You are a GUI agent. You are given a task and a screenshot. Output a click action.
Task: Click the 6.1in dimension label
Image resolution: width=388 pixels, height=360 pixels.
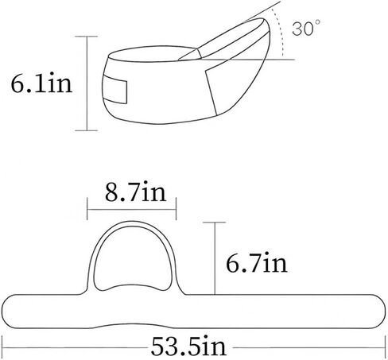pyautogui.click(x=41, y=83)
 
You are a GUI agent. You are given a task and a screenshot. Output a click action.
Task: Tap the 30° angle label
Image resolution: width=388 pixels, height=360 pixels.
pyautogui.click(x=306, y=28)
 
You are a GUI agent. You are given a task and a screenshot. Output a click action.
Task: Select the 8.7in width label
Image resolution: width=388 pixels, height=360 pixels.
pyautogui.click(x=135, y=192)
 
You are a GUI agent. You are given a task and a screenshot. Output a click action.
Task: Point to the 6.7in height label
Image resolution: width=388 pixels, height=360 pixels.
pyautogui.click(x=257, y=263)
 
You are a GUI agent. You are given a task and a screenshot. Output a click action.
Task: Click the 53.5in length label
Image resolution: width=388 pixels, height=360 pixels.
pyautogui.click(x=188, y=346)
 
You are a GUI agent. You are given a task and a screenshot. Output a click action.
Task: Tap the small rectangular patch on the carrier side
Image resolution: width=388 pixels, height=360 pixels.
pyautogui.click(x=115, y=89)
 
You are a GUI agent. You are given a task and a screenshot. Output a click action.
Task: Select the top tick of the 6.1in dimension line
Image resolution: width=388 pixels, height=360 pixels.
pyautogui.click(x=87, y=37)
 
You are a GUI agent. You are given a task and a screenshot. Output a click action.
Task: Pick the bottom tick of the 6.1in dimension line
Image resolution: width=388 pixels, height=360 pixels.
pyautogui.click(x=87, y=130)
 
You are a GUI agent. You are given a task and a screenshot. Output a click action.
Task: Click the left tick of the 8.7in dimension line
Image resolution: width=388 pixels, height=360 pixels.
pyautogui.click(x=87, y=209)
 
